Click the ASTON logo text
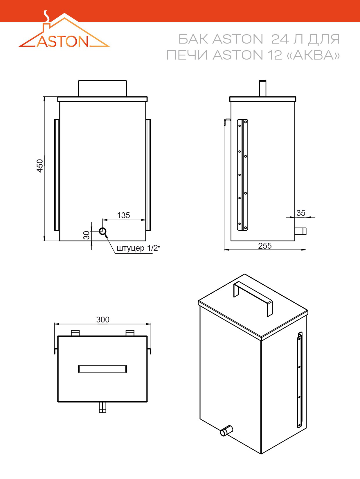point(63,41)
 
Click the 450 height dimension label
point(40,166)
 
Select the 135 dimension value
point(123,215)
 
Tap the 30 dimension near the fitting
point(87,235)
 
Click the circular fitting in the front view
point(103,231)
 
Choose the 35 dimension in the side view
point(301,213)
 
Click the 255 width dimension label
point(265,246)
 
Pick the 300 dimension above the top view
point(103,320)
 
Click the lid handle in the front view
point(102,88)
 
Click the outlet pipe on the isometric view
point(226,430)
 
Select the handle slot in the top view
point(102,369)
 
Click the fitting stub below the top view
point(102,407)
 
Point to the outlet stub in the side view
point(300,231)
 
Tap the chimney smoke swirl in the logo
point(46,16)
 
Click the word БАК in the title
point(193,39)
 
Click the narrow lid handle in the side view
point(262,88)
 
